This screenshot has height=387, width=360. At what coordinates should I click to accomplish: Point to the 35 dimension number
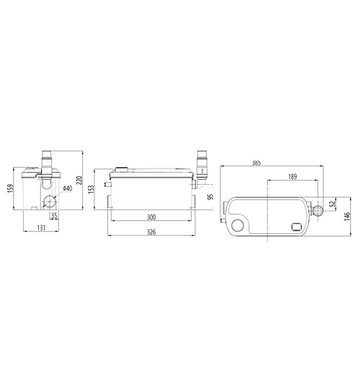pyautogui.click(x=53, y=215)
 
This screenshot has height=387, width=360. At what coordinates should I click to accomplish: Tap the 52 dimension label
pyautogui.click(x=333, y=204)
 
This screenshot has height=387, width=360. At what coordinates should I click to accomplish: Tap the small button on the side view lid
pyautogui.click(x=123, y=171)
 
